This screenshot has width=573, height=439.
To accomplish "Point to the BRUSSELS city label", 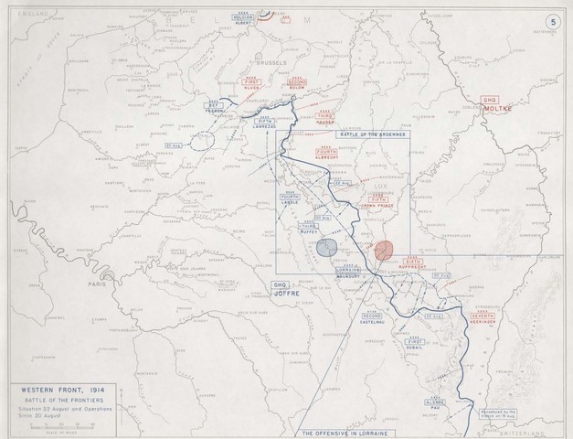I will [x=272, y=63].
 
